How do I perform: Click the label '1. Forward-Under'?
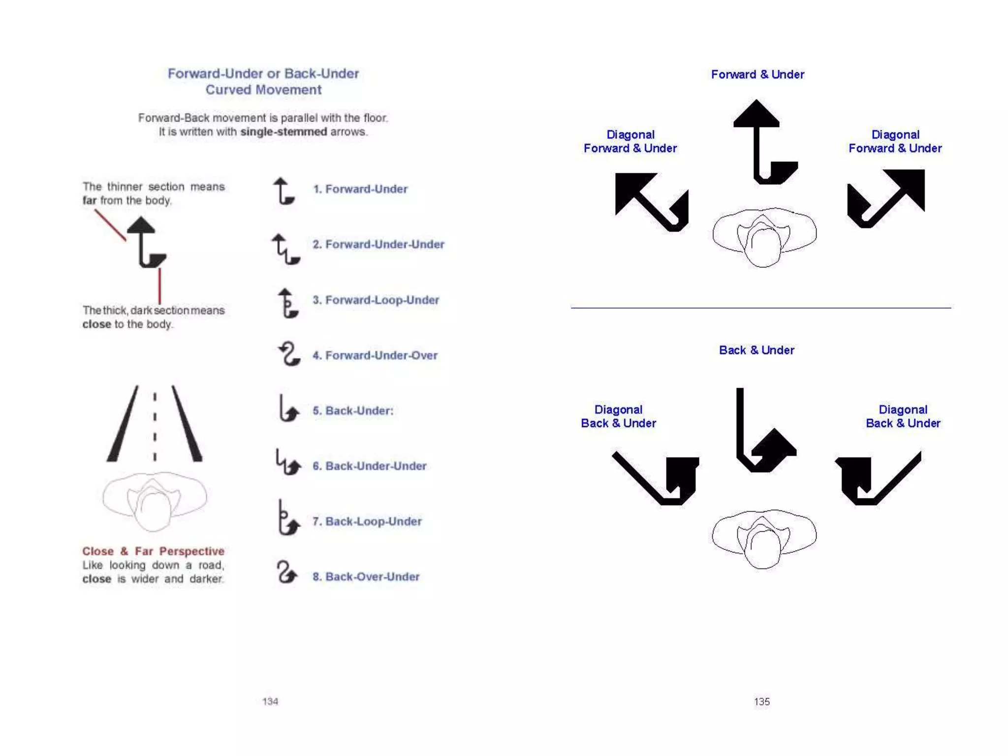(x=360, y=189)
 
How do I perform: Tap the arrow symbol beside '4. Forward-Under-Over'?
(x=288, y=354)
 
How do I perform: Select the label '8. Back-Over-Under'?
(x=366, y=576)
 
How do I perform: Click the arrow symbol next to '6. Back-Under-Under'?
(x=287, y=463)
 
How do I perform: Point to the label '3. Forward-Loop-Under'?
(x=376, y=300)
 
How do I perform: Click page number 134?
(x=270, y=701)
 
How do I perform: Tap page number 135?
(x=761, y=702)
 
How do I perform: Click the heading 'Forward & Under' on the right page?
(x=757, y=74)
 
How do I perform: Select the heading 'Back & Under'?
(x=756, y=350)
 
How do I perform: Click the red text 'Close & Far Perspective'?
(x=153, y=551)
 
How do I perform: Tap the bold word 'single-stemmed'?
(x=283, y=132)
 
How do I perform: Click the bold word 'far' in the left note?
(x=89, y=200)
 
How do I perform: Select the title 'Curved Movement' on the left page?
(x=263, y=90)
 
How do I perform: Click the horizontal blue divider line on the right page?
(x=760, y=308)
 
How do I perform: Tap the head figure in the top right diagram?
(x=764, y=237)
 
